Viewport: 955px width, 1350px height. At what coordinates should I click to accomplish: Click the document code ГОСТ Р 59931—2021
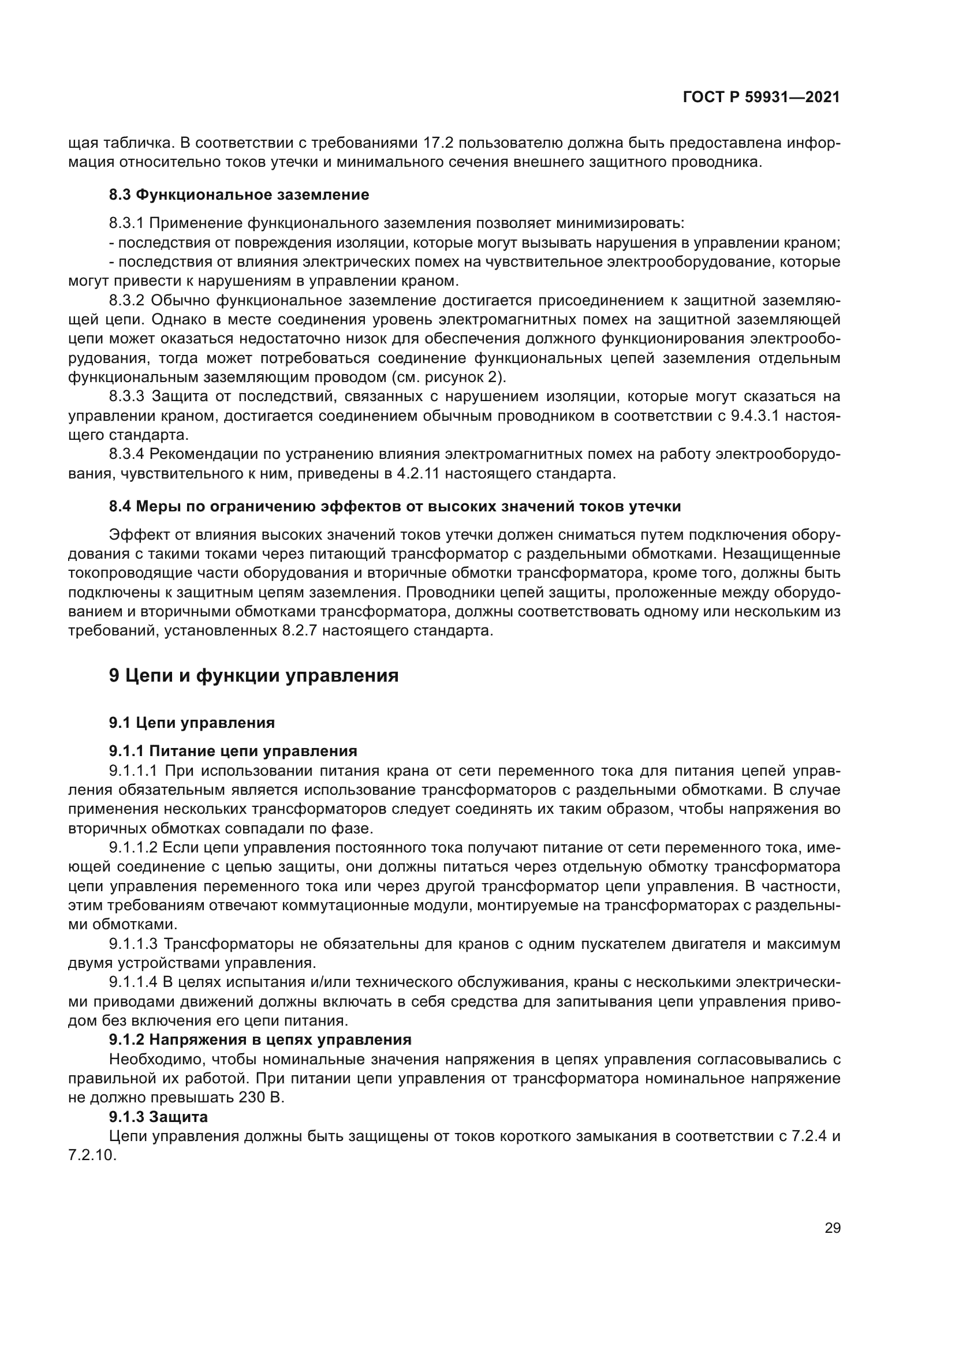coord(761,98)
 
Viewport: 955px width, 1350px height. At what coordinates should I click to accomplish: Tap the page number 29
coord(832,1228)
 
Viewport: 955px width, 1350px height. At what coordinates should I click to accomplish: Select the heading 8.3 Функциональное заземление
coord(239,195)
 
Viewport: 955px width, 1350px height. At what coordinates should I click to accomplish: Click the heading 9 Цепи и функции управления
coord(253,676)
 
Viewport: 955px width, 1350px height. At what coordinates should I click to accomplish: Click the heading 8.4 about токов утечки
coord(394,506)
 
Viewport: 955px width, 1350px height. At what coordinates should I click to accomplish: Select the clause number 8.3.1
coord(126,223)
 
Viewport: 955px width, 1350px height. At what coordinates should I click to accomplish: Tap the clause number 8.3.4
coord(126,454)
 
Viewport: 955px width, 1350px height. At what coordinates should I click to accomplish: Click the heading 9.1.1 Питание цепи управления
coord(233,751)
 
